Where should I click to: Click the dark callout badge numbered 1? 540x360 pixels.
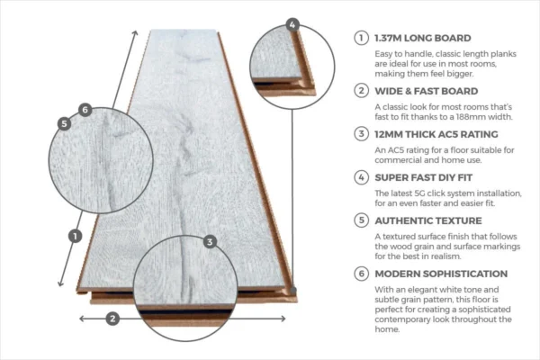tap(75, 236)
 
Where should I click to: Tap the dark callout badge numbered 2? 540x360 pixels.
tap(112, 319)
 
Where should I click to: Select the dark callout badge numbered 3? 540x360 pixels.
tap(210, 241)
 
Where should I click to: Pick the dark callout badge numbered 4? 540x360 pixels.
tap(292, 24)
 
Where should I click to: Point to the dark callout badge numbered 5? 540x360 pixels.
tap(64, 123)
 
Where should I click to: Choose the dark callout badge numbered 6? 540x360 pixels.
tap(85, 110)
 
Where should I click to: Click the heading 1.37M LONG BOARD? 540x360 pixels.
tap(423, 38)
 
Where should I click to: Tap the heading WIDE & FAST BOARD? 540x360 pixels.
tap(427, 91)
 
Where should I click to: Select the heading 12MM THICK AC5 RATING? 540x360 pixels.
tap(436, 134)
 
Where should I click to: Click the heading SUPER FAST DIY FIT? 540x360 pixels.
tap(424, 177)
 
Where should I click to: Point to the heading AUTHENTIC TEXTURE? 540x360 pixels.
tap(428, 220)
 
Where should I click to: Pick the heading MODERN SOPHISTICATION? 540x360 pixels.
tap(441, 274)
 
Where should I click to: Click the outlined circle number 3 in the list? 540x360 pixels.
tap(361, 134)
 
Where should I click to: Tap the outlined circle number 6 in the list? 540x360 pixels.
tap(361, 274)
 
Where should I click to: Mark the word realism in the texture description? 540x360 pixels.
tap(445, 256)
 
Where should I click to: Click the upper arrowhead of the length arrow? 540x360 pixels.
tap(135, 32)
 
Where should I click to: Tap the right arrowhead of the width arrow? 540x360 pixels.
tap(283, 319)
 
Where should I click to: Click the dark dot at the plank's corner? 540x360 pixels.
tap(293, 290)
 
